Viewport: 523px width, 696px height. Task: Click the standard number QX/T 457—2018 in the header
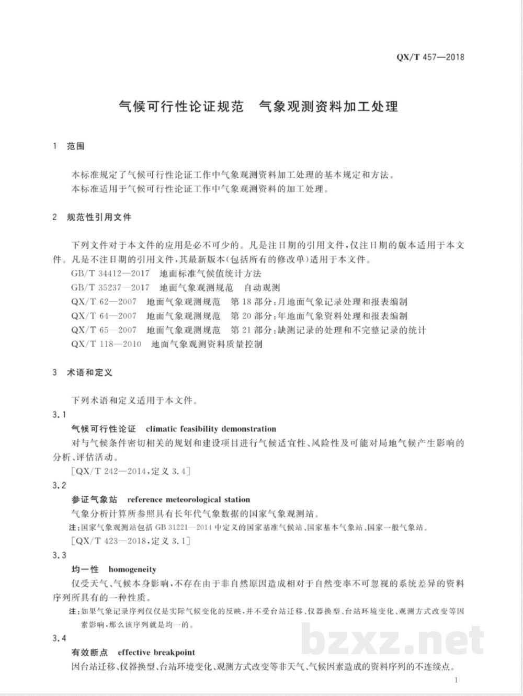point(430,57)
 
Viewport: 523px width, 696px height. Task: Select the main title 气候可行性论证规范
point(181,107)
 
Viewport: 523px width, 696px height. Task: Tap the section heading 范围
point(75,146)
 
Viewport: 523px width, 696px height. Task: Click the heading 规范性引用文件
point(99,217)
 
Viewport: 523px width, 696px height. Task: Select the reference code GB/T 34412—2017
point(110,273)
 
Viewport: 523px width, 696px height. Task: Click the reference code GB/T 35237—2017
point(110,288)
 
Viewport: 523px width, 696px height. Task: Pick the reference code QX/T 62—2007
point(104,302)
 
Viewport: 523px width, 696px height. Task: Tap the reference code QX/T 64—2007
point(104,316)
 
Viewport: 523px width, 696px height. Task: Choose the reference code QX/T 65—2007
point(104,330)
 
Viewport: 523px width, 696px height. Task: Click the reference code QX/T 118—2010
point(106,344)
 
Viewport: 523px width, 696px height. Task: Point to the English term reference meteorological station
point(189,499)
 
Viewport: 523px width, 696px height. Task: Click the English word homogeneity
point(132,569)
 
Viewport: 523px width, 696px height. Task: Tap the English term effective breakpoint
point(156,653)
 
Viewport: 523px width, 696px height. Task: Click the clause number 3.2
point(60,485)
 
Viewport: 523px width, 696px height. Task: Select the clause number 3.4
point(60,638)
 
